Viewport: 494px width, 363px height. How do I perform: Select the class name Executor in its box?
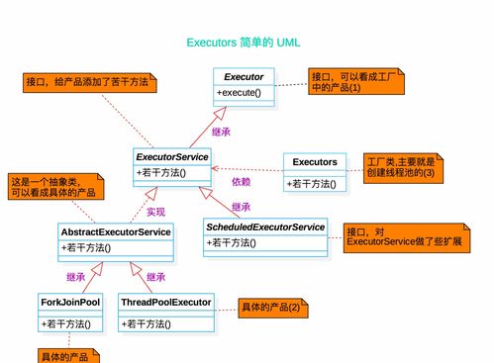(244, 77)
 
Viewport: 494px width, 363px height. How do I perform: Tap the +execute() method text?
(239, 93)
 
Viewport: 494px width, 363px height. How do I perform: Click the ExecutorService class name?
(172, 157)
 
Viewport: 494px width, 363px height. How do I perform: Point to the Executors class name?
(314, 161)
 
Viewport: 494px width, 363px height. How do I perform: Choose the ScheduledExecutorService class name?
(265, 227)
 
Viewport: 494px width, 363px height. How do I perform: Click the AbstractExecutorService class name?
(115, 231)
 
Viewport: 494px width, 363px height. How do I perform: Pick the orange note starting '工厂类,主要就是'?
(400, 166)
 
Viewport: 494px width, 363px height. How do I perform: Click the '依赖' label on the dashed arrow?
(242, 181)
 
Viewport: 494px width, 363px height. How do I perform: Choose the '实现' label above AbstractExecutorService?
(155, 211)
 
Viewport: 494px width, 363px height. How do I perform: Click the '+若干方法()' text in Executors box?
(312, 183)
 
